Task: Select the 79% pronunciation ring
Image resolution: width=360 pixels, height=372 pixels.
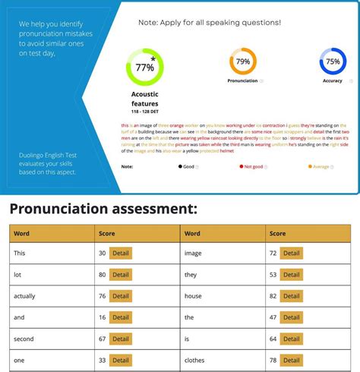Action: click(x=242, y=61)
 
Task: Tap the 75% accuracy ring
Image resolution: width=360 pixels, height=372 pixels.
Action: click(x=332, y=61)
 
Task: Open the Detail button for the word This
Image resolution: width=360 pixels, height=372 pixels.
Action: click(x=121, y=253)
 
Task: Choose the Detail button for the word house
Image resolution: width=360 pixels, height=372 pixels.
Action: click(x=292, y=295)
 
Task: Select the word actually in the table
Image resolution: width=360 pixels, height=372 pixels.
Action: click(x=24, y=296)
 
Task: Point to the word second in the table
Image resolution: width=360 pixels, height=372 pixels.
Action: click(x=24, y=339)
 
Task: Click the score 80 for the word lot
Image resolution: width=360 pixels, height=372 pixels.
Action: click(x=103, y=275)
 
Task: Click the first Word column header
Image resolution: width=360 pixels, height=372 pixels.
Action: click(x=21, y=233)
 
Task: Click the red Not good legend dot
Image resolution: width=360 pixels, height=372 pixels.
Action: click(x=241, y=166)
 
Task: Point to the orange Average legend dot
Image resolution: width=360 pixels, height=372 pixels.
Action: click(x=309, y=166)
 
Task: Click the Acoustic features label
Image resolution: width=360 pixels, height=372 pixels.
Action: click(x=144, y=99)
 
